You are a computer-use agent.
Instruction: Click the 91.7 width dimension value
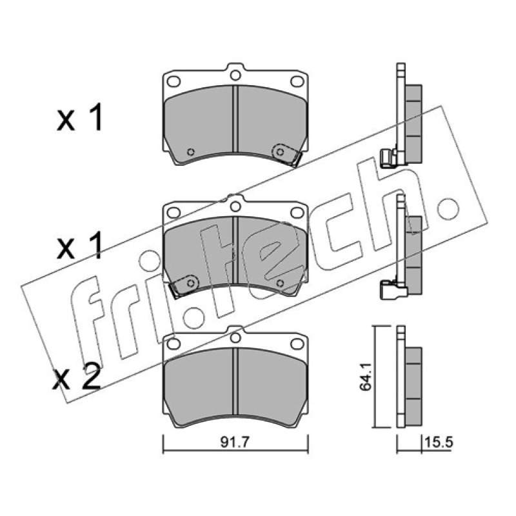coord(235,442)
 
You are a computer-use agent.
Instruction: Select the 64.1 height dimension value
coord(365,377)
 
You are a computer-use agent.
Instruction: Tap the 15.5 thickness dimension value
coord(439,442)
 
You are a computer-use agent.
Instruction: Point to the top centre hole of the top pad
coord(235,75)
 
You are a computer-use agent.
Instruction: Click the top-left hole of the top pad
coord(174,81)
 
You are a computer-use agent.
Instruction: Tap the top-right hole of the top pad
coord(297,81)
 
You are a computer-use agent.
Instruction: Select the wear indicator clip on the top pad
coord(287,155)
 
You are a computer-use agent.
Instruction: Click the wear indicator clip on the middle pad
coord(184,286)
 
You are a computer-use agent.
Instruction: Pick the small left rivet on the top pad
coord(190,152)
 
